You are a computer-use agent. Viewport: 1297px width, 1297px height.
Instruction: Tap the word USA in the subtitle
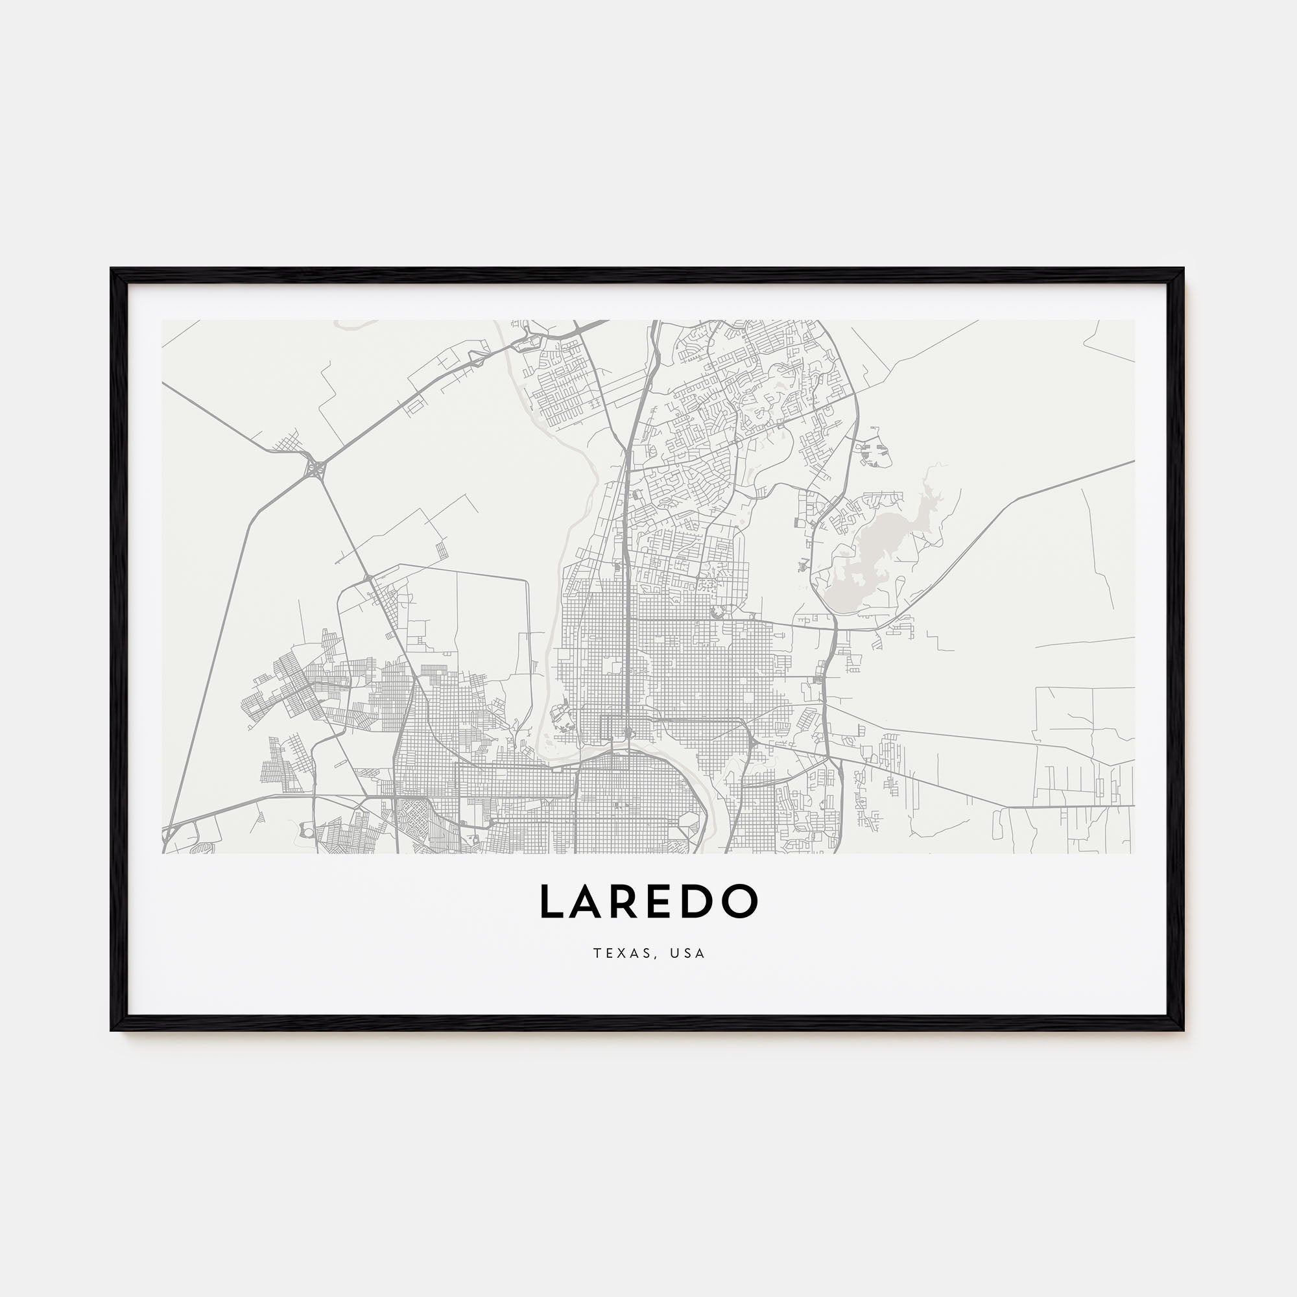pos(687,953)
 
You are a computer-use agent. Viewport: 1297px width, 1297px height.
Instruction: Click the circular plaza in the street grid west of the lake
pos(717,610)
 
